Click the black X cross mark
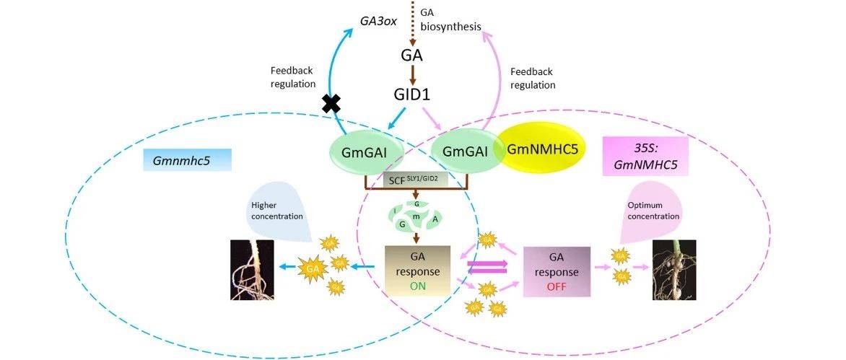pyautogui.click(x=331, y=105)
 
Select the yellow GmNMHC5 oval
pyautogui.click(x=541, y=150)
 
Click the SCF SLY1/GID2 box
pyautogui.click(x=417, y=178)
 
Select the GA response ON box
pyautogui.click(x=418, y=271)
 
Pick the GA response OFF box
pyautogui.click(x=557, y=271)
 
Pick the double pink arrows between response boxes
pyautogui.click(x=489, y=267)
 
